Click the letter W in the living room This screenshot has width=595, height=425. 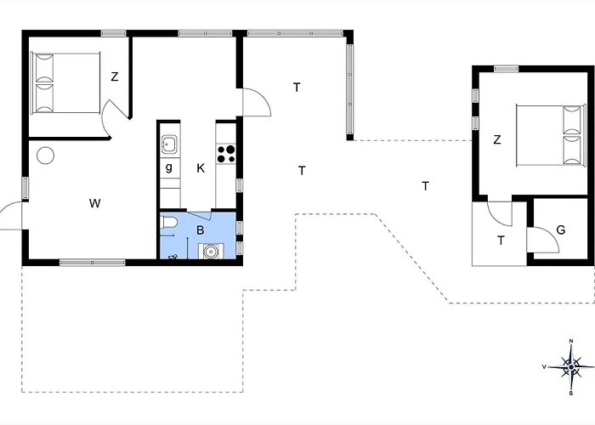[95, 203]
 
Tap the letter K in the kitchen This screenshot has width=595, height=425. [201, 168]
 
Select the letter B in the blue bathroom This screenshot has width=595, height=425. [200, 230]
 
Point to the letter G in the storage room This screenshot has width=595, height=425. [560, 229]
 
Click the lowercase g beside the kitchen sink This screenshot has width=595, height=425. [169, 167]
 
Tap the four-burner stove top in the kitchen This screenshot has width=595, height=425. [226, 154]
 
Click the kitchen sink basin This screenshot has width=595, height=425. [169, 144]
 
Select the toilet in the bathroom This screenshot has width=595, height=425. [168, 223]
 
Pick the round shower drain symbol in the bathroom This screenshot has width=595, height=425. [210, 252]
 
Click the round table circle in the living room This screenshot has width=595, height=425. [46, 156]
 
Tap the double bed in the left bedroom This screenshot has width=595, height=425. [65, 83]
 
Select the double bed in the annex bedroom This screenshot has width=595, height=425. [549, 136]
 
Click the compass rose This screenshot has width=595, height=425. [571, 367]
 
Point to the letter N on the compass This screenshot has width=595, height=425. [571, 341]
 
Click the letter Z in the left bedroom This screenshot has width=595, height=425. [115, 76]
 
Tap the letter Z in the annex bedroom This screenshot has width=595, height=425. [497, 139]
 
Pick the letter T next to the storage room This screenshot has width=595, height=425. [501, 241]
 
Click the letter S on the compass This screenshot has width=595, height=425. [570, 394]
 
